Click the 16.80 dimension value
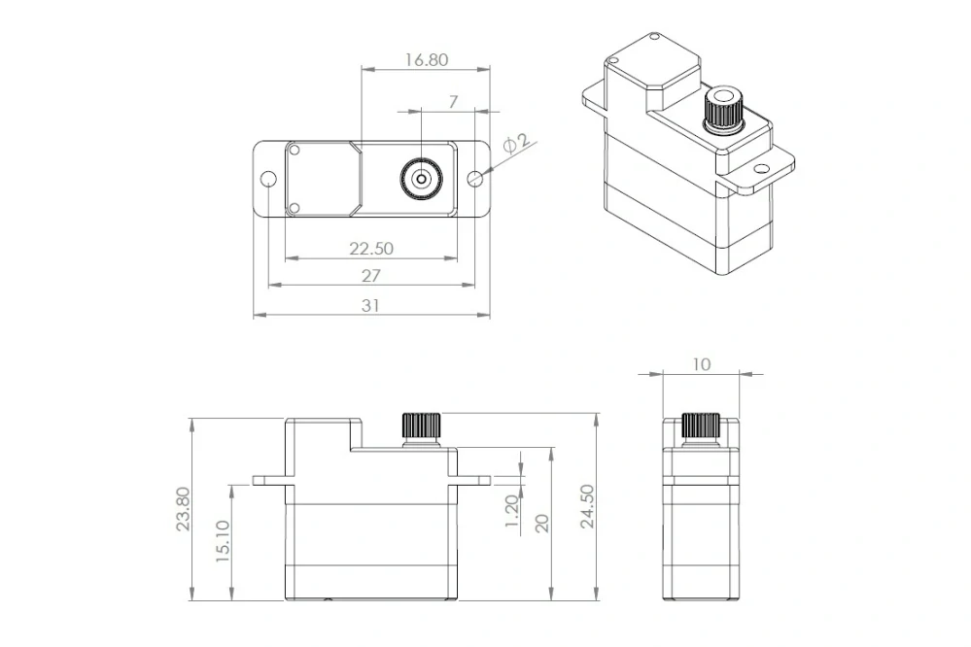[x=426, y=59]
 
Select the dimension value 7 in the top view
[x=453, y=101]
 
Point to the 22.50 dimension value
[x=371, y=248]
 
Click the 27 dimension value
[x=371, y=276]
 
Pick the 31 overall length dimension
[x=371, y=305]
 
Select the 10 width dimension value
[x=702, y=364]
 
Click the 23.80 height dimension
[x=183, y=509]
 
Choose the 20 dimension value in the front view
[x=542, y=523]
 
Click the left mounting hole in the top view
[x=268, y=180]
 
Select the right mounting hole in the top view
[x=474, y=179]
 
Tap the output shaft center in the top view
[x=420, y=178]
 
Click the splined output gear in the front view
[x=421, y=426]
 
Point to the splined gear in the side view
[x=700, y=426]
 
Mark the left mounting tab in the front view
[x=268, y=480]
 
